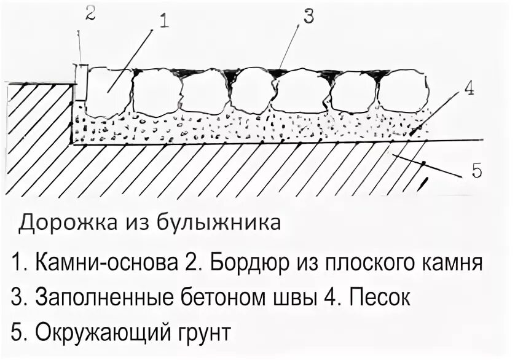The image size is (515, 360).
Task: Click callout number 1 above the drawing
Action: point(164,22)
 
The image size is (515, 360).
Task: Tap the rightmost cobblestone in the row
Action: point(403,90)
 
